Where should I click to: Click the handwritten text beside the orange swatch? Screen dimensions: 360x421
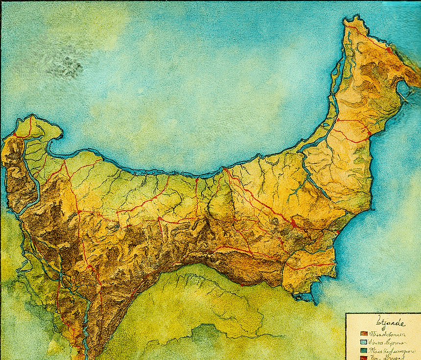point(384,334)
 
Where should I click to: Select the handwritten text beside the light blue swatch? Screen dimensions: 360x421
point(384,342)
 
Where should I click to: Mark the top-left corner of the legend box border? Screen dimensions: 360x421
point(347,314)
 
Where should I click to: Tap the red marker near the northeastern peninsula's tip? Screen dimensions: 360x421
point(389,49)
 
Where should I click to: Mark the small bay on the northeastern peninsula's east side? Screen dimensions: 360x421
point(404,89)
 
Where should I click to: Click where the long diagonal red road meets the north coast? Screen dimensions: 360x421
point(225,169)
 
